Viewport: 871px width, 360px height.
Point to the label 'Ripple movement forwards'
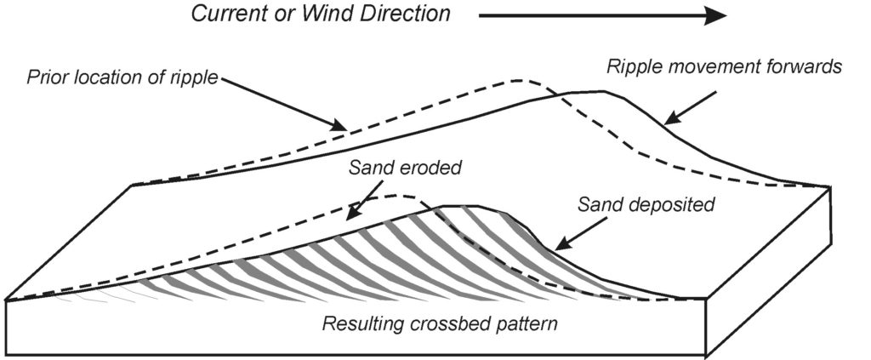[x=723, y=67]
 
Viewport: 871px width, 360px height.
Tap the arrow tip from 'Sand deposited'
[x=553, y=249]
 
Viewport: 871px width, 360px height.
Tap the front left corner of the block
[x=7, y=300]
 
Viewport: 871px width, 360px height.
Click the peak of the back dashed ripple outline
[x=515, y=81]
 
